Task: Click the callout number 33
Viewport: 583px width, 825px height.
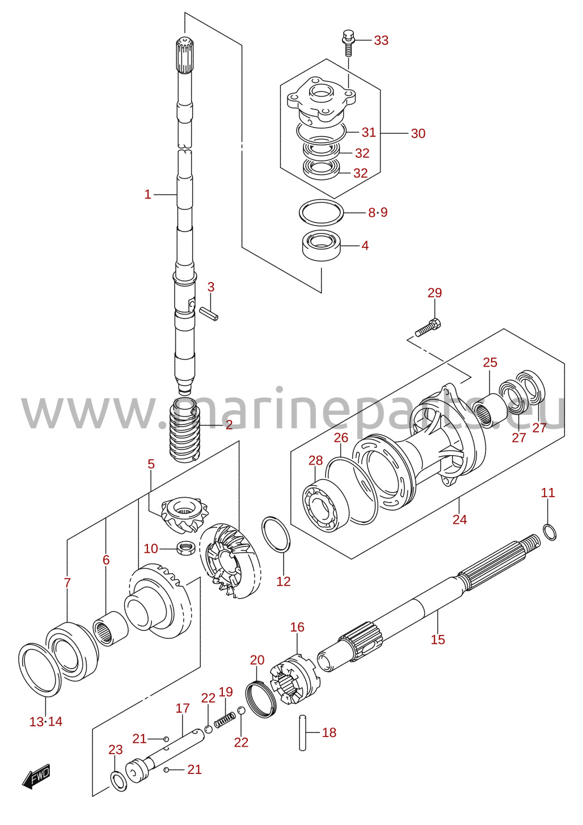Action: (x=381, y=40)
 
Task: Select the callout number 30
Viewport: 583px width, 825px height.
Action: (x=418, y=133)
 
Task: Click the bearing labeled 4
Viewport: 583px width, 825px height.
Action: (x=322, y=245)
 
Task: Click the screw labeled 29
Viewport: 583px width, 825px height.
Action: (x=428, y=328)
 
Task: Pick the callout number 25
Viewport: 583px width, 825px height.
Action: (x=490, y=363)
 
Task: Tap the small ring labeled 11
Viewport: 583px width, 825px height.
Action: (x=549, y=533)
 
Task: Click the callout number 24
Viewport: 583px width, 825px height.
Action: (x=459, y=520)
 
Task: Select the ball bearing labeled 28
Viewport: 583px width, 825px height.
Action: (x=326, y=505)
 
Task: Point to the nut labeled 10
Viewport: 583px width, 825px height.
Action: (x=185, y=549)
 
